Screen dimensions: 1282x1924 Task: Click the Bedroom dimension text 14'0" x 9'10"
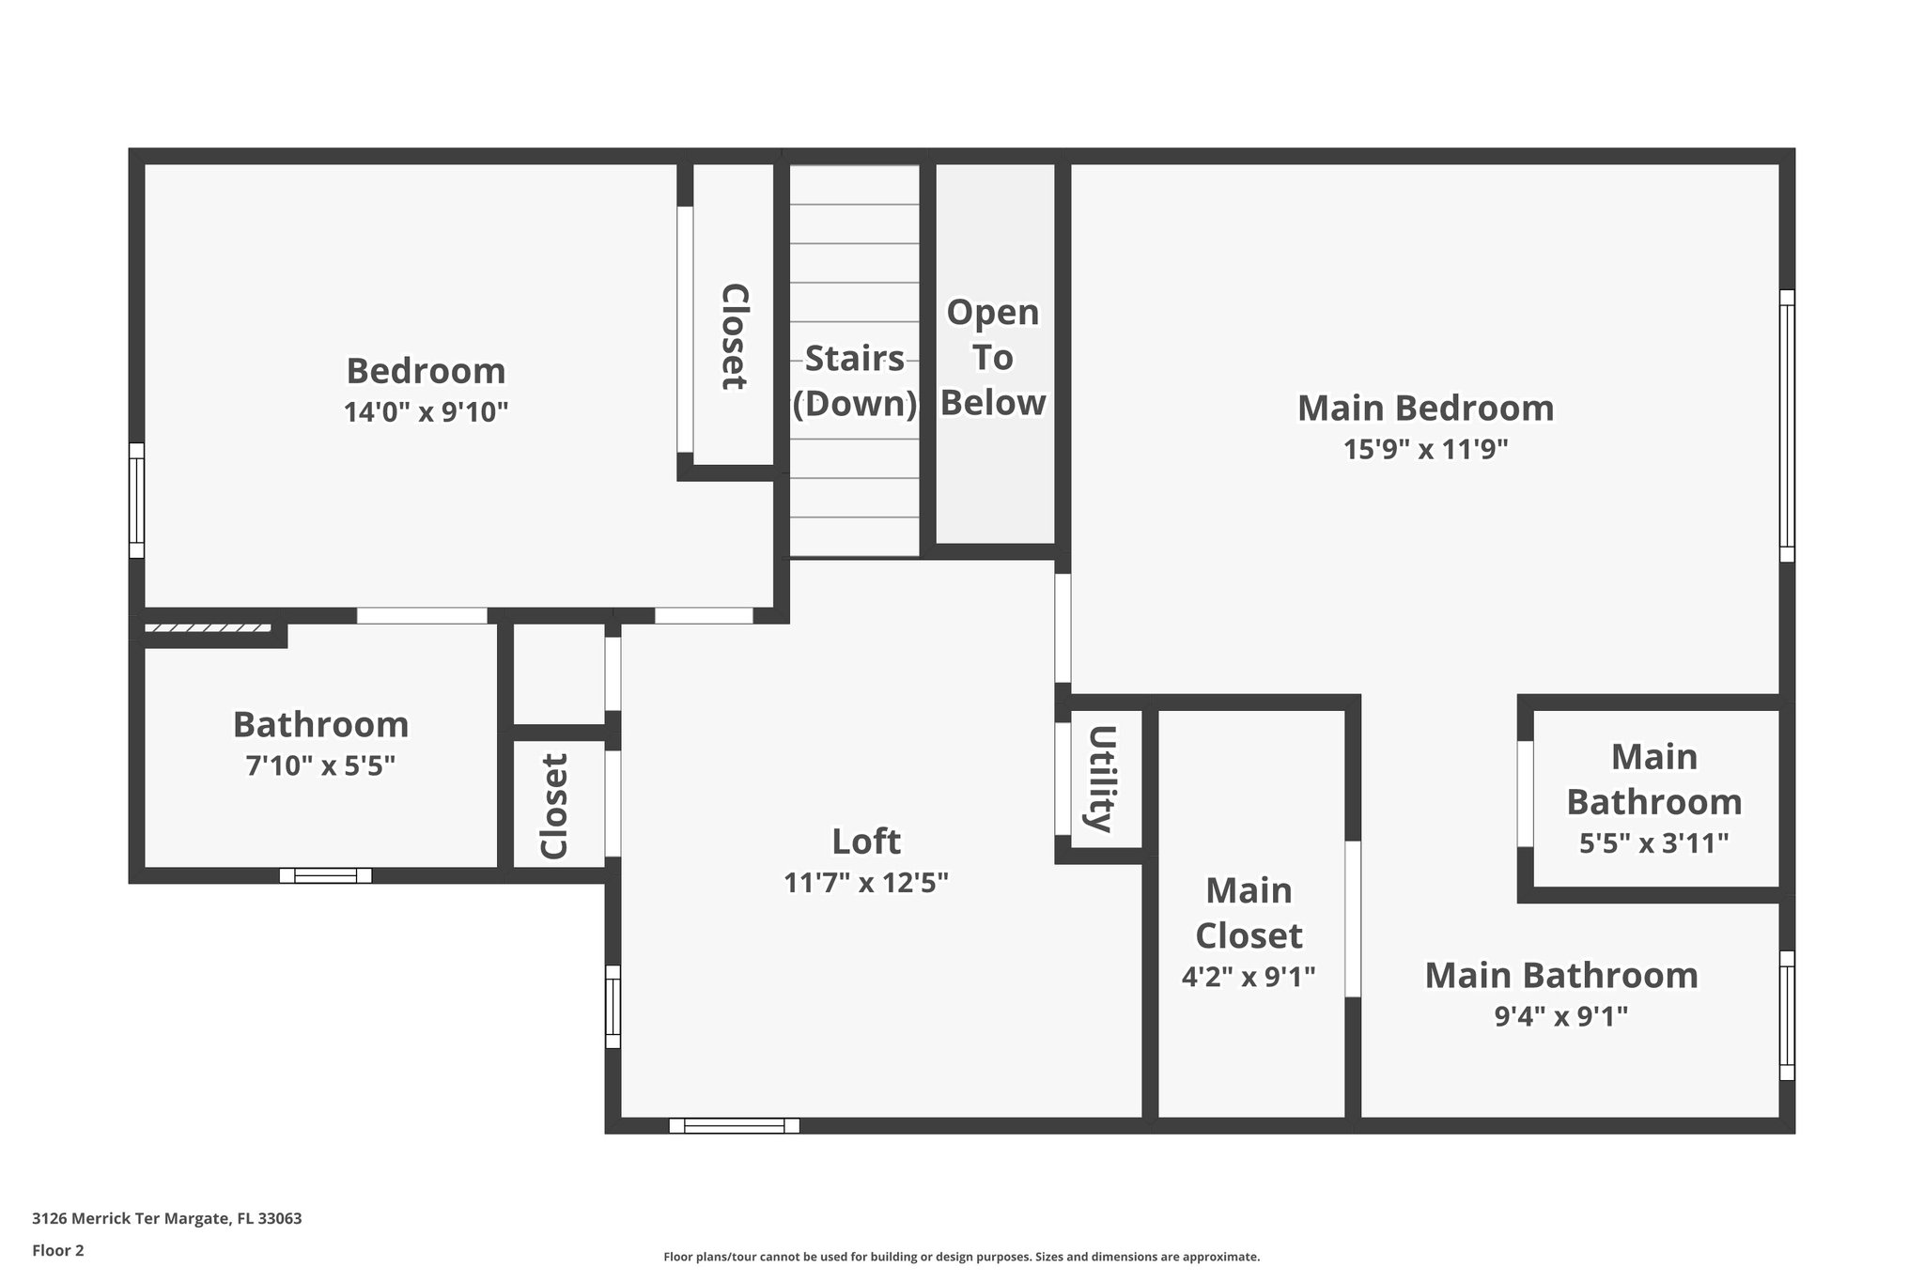tap(426, 412)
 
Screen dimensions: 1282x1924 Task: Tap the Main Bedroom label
tap(1425, 409)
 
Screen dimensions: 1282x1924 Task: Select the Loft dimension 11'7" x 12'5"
tap(866, 883)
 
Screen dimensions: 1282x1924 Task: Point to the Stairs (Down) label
tap(854, 380)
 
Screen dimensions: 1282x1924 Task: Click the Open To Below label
tap(993, 358)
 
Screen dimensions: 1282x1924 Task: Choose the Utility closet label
tap(1102, 779)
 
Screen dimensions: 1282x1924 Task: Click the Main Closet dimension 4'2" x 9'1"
tap(1248, 977)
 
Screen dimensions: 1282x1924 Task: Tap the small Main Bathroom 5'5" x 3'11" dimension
tap(1653, 843)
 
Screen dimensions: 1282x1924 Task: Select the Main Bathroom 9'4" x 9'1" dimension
tap(1560, 1016)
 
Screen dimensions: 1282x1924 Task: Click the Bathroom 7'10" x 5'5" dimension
tap(320, 766)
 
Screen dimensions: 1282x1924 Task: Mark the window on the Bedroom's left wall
tap(136, 501)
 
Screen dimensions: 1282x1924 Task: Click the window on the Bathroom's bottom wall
tap(325, 875)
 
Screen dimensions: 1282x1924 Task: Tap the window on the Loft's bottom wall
tap(734, 1125)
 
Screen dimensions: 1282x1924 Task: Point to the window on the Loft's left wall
tap(613, 1006)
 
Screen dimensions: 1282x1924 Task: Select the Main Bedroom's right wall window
tap(1787, 425)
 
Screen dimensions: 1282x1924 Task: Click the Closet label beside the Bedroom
tap(733, 336)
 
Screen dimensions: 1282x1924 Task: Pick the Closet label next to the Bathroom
tap(554, 806)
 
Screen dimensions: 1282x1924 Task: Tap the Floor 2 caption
tap(58, 1250)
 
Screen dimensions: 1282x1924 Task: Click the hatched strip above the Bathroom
tap(208, 627)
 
